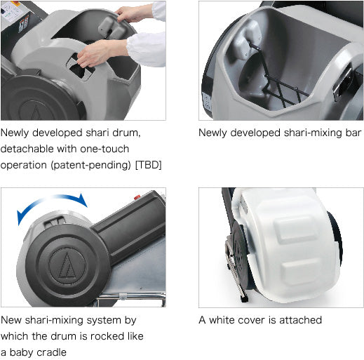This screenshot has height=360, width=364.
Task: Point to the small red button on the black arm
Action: pyautogui.click(x=137, y=197)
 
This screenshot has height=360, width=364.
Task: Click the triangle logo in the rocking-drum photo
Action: pyautogui.click(x=67, y=265)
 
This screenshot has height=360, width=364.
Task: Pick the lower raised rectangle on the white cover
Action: pyautogui.click(x=300, y=272)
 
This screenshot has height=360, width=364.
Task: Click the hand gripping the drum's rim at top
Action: pyautogui.click(x=132, y=14)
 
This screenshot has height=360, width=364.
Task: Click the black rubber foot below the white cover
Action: pyautogui.click(x=244, y=299)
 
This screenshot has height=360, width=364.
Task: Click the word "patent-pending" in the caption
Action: pyautogui.click(x=90, y=165)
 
